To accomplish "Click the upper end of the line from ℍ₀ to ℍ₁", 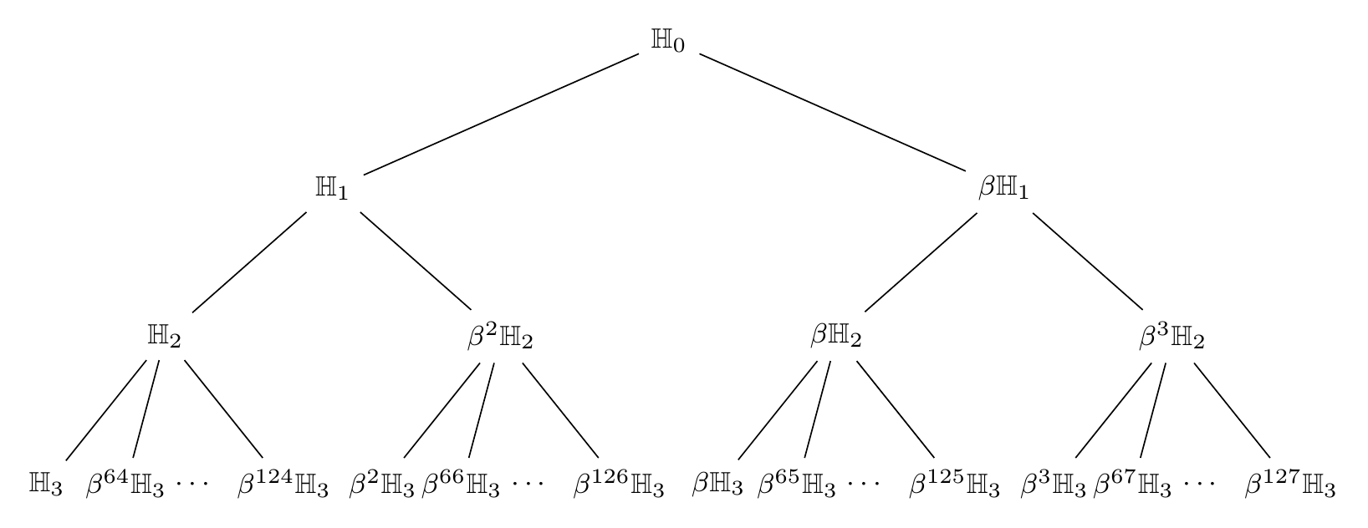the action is tap(639, 53).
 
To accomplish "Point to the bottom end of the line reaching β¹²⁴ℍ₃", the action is tap(263, 458).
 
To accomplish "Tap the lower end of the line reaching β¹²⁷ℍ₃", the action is tap(1270, 458).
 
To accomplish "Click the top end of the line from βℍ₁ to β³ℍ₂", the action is tap(1033, 212).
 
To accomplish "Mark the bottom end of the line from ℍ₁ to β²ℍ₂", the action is tap(471, 310).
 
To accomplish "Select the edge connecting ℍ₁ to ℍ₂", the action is tap(249, 261).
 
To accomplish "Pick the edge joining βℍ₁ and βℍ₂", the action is tap(921, 261).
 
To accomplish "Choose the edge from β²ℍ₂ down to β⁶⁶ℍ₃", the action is tap(482, 410).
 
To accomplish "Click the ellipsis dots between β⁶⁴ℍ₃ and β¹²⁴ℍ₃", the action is tap(192, 484).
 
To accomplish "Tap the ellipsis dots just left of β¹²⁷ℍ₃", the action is tap(1199, 484).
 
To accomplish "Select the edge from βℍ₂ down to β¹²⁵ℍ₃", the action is tap(896, 409).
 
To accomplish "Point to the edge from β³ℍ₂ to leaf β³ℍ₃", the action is tap(1113, 410).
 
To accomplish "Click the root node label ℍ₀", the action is tap(668, 40).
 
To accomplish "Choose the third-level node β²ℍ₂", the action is tap(500, 336).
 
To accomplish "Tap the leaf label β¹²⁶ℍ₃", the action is tap(618, 485).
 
